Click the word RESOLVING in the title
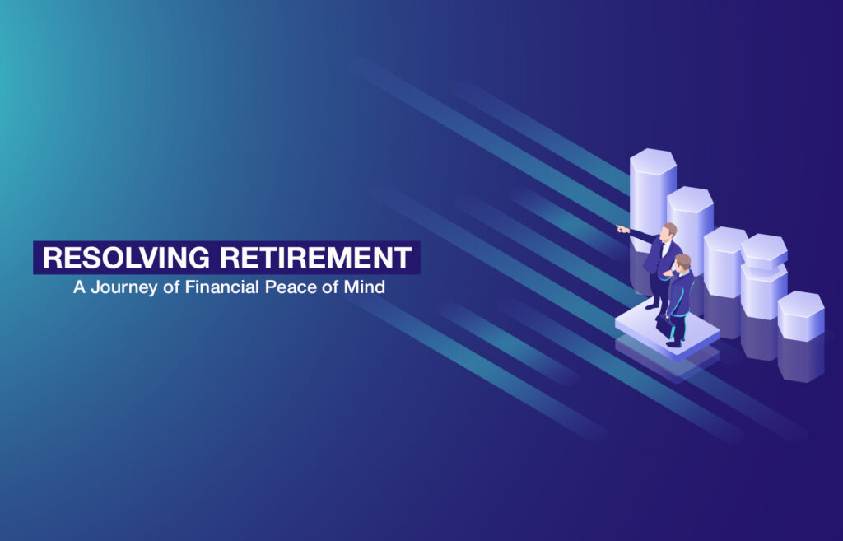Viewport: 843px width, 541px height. pos(126,257)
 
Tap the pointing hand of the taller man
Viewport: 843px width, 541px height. pos(622,229)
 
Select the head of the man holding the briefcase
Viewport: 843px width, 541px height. pos(682,263)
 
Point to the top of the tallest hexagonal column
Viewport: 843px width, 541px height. pos(653,161)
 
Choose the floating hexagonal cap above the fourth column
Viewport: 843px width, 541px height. pos(764,251)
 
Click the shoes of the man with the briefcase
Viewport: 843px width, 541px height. pos(674,343)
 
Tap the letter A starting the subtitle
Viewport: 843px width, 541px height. pos(80,287)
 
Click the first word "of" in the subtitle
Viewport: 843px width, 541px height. pos(171,287)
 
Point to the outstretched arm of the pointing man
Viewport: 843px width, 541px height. pos(640,234)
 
